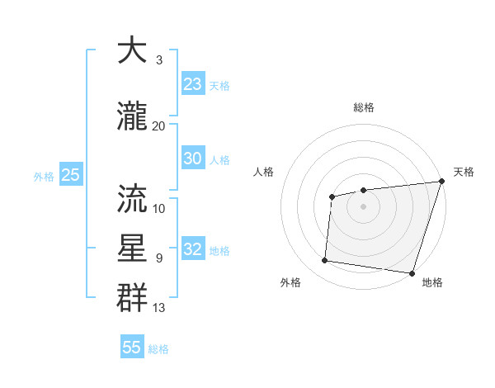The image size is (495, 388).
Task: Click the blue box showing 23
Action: tap(192, 84)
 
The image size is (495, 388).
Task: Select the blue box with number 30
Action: tap(192, 159)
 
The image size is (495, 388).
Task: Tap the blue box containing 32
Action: tap(192, 249)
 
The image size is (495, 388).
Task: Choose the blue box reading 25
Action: tap(70, 175)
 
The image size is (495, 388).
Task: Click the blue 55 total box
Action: tap(132, 348)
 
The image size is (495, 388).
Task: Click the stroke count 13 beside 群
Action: tap(159, 308)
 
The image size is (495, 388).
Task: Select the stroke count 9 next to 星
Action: tap(159, 258)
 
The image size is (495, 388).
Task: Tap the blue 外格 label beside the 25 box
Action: tap(44, 176)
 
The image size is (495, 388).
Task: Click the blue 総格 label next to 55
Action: tap(158, 349)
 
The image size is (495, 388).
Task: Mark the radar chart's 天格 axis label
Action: tap(464, 172)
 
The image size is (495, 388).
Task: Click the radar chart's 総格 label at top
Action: tap(363, 107)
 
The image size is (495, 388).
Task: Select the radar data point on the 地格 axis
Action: tap(412, 273)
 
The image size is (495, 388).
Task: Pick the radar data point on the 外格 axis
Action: tap(325, 261)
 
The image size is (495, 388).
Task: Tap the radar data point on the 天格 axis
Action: tap(441, 182)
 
